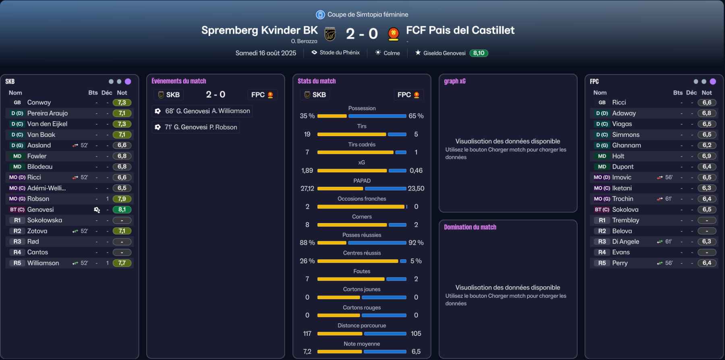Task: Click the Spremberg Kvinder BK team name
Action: [x=259, y=30]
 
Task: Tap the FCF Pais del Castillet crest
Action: [x=393, y=34]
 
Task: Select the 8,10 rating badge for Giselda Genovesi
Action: [x=478, y=53]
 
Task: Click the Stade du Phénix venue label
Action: [x=340, y=53]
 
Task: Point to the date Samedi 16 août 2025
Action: [x=266, y=53]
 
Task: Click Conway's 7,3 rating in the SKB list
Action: [x=122, y=103]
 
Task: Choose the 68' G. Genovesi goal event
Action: [x=203, y=111]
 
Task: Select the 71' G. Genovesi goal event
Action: [x=196, y=127]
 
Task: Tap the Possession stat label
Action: [x=362, y=108]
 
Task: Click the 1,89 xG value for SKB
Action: [x=307, y=170]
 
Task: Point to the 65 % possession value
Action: [x=416, y=116]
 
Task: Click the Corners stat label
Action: [x=362, y=217]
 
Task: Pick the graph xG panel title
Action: [x=455, y=81]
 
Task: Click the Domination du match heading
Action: [x=470, y=227]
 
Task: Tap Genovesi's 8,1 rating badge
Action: [x=122, y=209]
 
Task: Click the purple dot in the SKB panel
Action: [x=128, y=81]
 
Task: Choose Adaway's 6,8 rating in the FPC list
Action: [x=706, y=113]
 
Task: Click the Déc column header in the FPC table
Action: [x=691, y=93]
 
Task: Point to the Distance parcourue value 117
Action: [x=307, y=333]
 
